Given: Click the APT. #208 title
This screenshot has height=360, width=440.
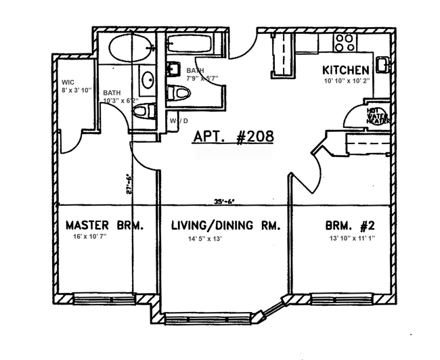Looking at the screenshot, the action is (234, 136).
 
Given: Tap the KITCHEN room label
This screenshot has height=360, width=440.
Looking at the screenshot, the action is (345, 70).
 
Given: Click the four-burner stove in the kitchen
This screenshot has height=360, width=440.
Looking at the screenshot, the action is (344, 43).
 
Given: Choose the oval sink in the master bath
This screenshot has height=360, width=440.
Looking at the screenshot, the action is (148, 81).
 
